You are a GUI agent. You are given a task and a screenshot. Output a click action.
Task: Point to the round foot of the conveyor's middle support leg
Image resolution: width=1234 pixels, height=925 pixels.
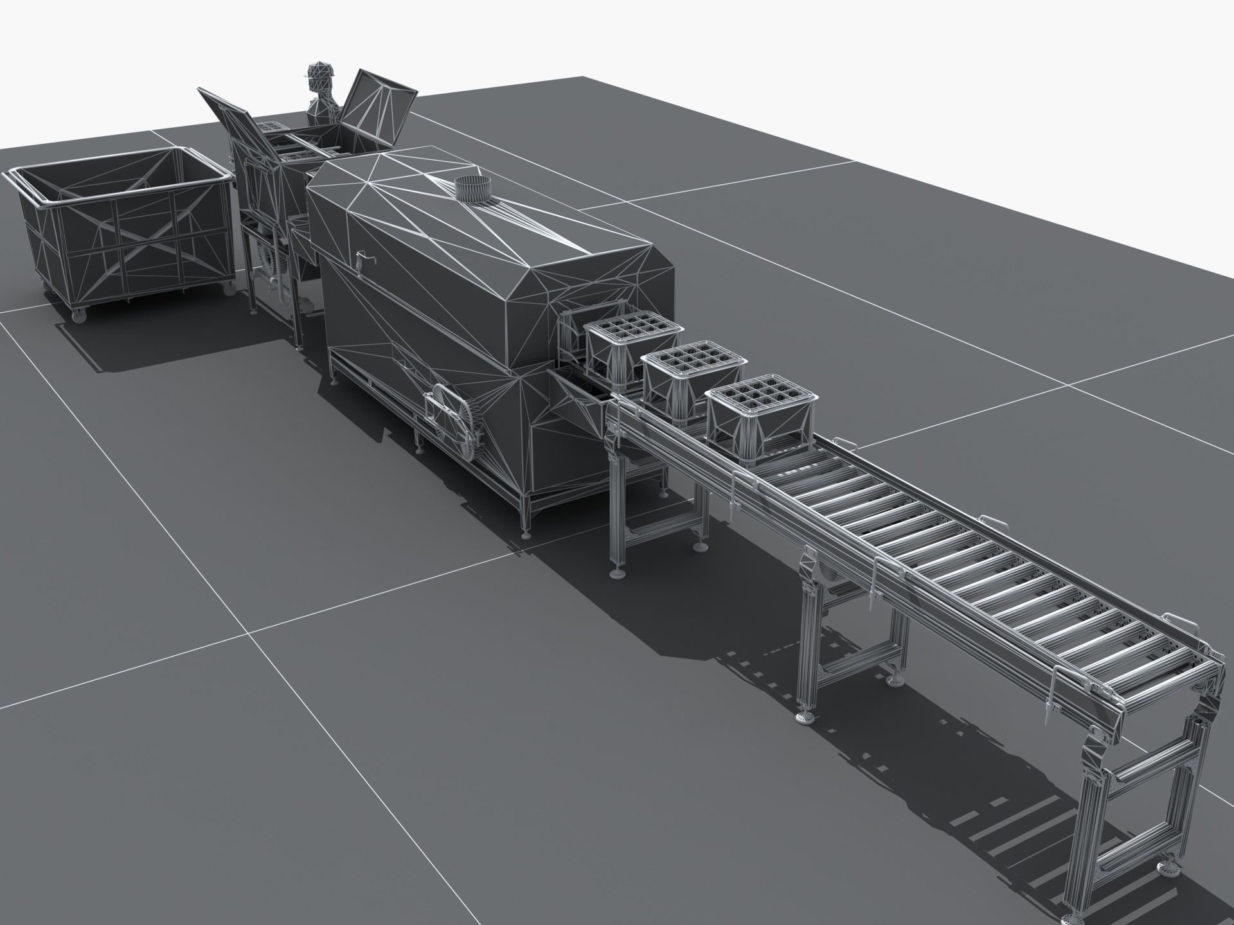pyautogui.click(x=805, y=717)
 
